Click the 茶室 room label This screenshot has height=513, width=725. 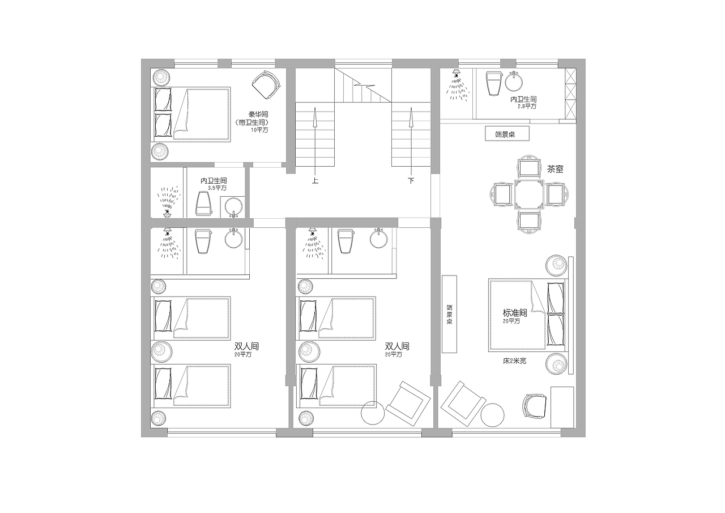[x=555, y=169]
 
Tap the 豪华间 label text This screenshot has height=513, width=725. [x=258, y=115]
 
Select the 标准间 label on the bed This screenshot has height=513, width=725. [x=515, y=313]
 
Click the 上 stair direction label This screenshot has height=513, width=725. [x=315, y=180]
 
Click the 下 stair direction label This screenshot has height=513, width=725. [x=411, y=180]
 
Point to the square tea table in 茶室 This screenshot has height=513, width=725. [x=530, y=194]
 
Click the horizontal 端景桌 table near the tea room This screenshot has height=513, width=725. [x=507, y=134]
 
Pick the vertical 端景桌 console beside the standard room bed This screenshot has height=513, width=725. [x=450, y=314]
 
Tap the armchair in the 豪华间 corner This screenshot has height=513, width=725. [x=266, y=84]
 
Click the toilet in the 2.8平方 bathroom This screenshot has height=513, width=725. [x=494, y=83]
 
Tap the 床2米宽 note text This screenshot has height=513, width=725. [x=515, y=361]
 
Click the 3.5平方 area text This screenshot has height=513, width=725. [x=217, y=188]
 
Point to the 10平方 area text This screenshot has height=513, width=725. [x=259, y=130]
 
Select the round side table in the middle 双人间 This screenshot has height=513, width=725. [x=373, y=413]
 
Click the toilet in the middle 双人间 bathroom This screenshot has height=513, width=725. [x=346, y=241]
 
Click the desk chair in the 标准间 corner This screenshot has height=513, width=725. [x=535, y=406]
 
